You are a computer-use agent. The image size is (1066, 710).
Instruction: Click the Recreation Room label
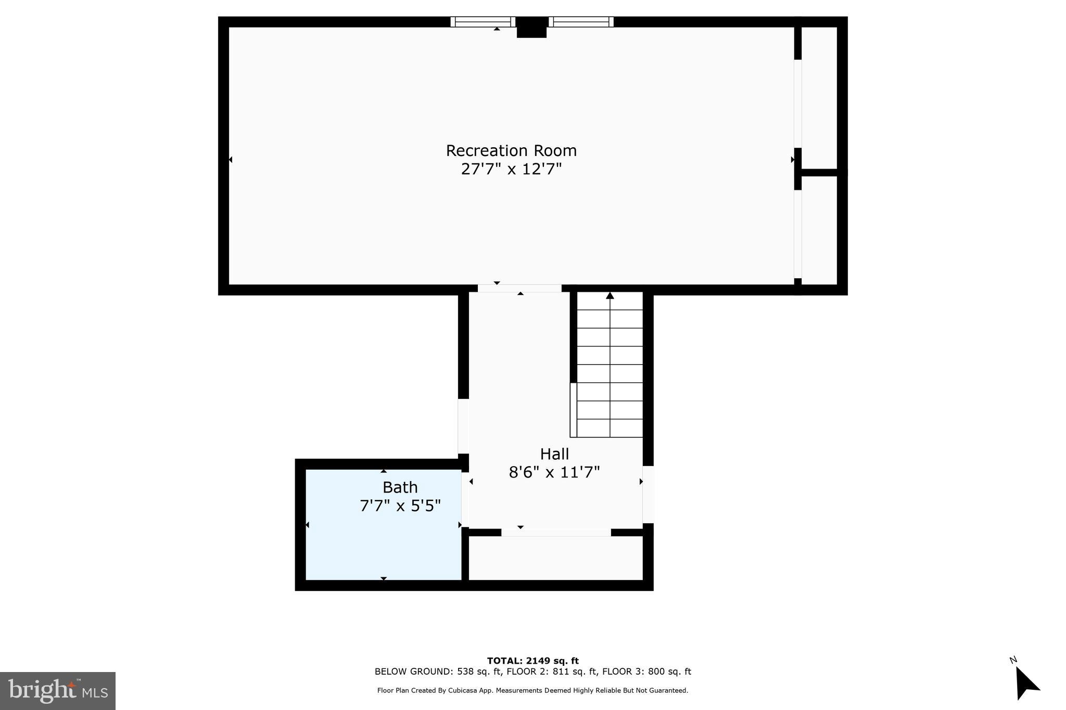coord(511,151)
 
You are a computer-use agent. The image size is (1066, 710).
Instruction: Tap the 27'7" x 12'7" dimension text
coord(511,170)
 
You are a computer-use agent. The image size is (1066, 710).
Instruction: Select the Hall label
coord(554,454)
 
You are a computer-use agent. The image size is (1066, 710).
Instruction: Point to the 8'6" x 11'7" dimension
coord(554,472)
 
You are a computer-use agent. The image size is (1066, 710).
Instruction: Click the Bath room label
coord(400,487)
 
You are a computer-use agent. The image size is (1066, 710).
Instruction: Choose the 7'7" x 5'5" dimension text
coord(400,506)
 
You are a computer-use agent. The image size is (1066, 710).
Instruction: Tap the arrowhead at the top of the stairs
coord(610,295)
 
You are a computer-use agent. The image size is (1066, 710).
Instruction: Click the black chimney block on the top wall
coord(531,28)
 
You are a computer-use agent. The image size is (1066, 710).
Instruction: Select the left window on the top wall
coord(483,22)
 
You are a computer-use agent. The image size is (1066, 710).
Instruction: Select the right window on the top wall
coord(581,22)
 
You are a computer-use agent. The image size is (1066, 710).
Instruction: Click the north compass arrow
coord(1026,683)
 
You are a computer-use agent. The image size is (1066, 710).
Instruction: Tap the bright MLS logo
coord(58,691)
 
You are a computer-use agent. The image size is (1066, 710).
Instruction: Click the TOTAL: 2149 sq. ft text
coord(532,661)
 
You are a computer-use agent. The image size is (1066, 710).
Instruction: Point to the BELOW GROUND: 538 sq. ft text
coord(438,672)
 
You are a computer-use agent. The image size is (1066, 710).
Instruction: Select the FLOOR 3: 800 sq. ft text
coord(646,672)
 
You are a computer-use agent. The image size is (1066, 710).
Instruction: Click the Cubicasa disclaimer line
coord(532,691)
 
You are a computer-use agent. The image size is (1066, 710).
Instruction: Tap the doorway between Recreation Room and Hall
coord(519,288)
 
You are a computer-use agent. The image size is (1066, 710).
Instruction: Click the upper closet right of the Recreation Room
coord(819,97)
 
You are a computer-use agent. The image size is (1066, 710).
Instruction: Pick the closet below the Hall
coord(556,558)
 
